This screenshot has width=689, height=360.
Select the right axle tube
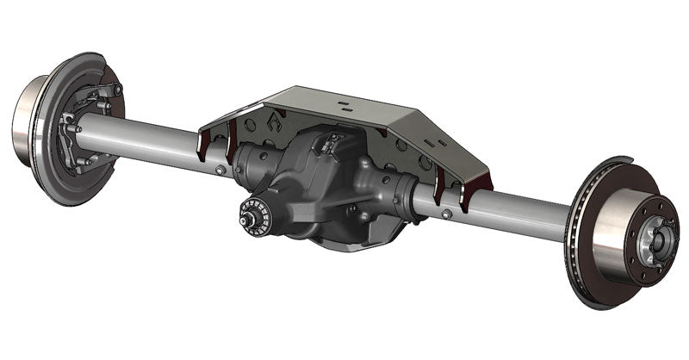coord(517,215)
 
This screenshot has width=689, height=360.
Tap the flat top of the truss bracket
coord(344,108)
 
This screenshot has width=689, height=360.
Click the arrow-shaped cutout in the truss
coord(274,122)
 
